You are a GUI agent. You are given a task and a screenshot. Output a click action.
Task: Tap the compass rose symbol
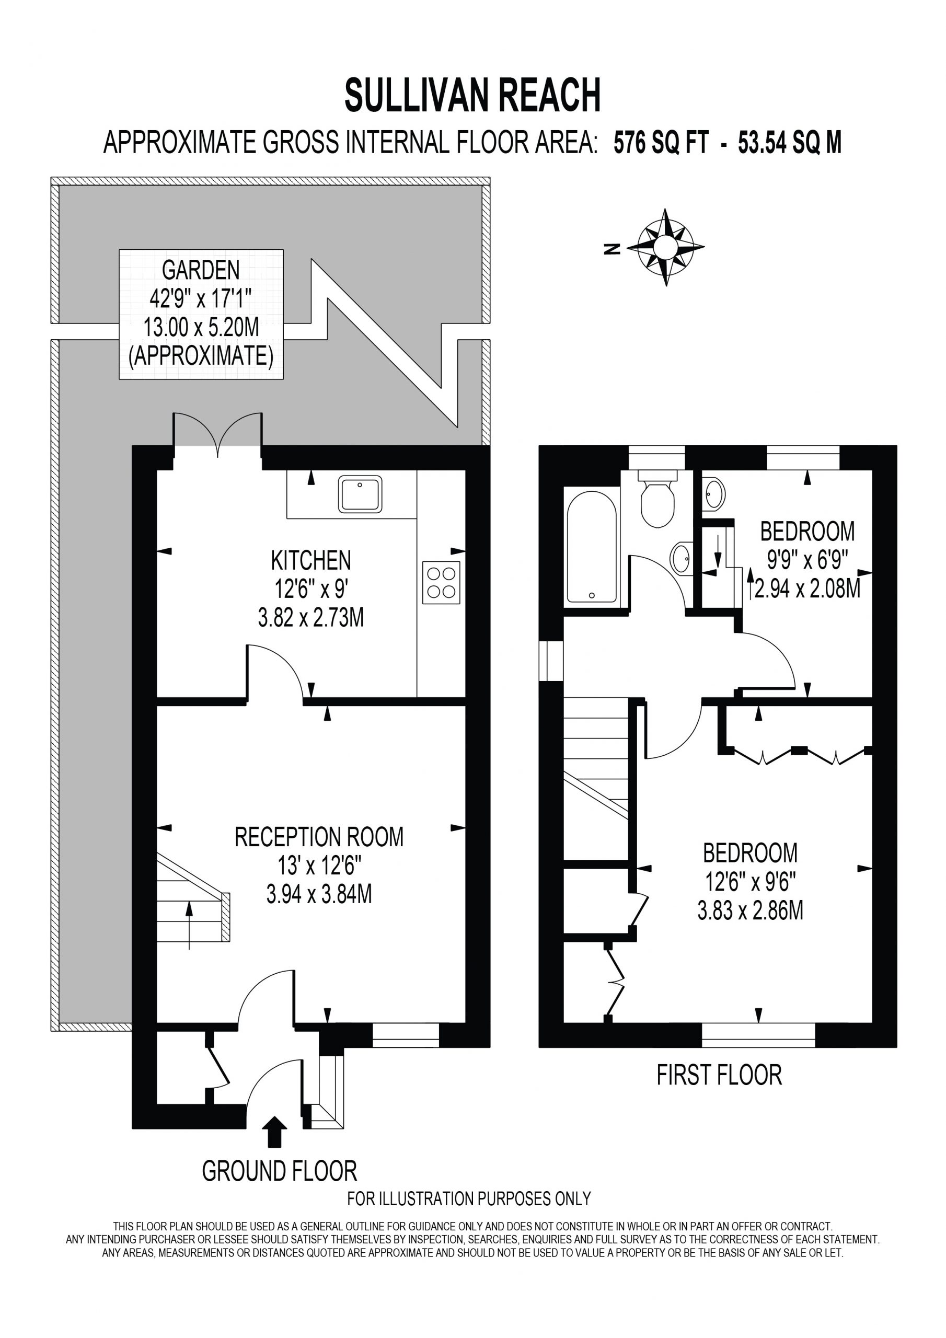coord(665,247)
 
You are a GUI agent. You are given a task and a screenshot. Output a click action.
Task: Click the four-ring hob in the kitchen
coord(441,582)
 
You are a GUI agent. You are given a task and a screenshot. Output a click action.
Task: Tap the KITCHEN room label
coord(312,561)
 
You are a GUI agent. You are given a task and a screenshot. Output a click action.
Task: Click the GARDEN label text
coord(201,270)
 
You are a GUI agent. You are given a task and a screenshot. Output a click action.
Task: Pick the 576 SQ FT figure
coord(662,143)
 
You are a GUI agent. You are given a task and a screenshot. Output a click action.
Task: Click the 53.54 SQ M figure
coord(790,143)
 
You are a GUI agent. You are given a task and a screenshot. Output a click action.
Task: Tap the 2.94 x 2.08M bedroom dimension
coord(808,589)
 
